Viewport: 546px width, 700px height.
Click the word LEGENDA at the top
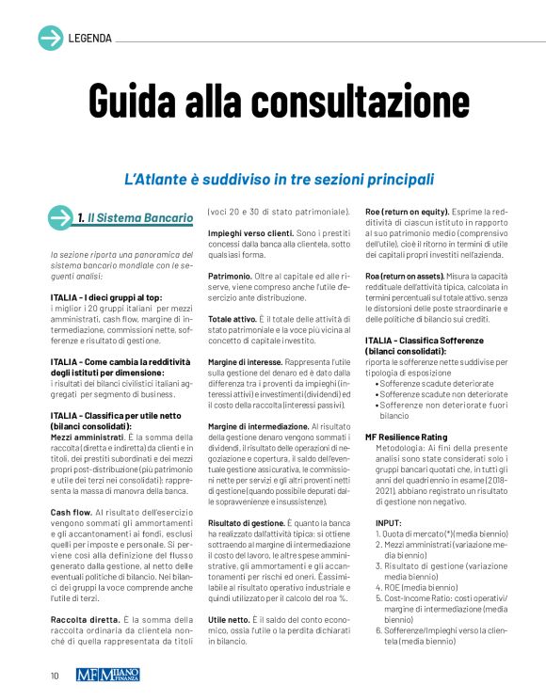(90, 39)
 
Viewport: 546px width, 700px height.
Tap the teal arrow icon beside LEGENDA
(50, 38)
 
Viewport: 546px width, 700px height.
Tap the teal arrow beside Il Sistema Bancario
(62, 218)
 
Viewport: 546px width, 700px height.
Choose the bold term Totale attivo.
(237, 320)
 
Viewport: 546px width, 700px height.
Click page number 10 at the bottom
(56, 675)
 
